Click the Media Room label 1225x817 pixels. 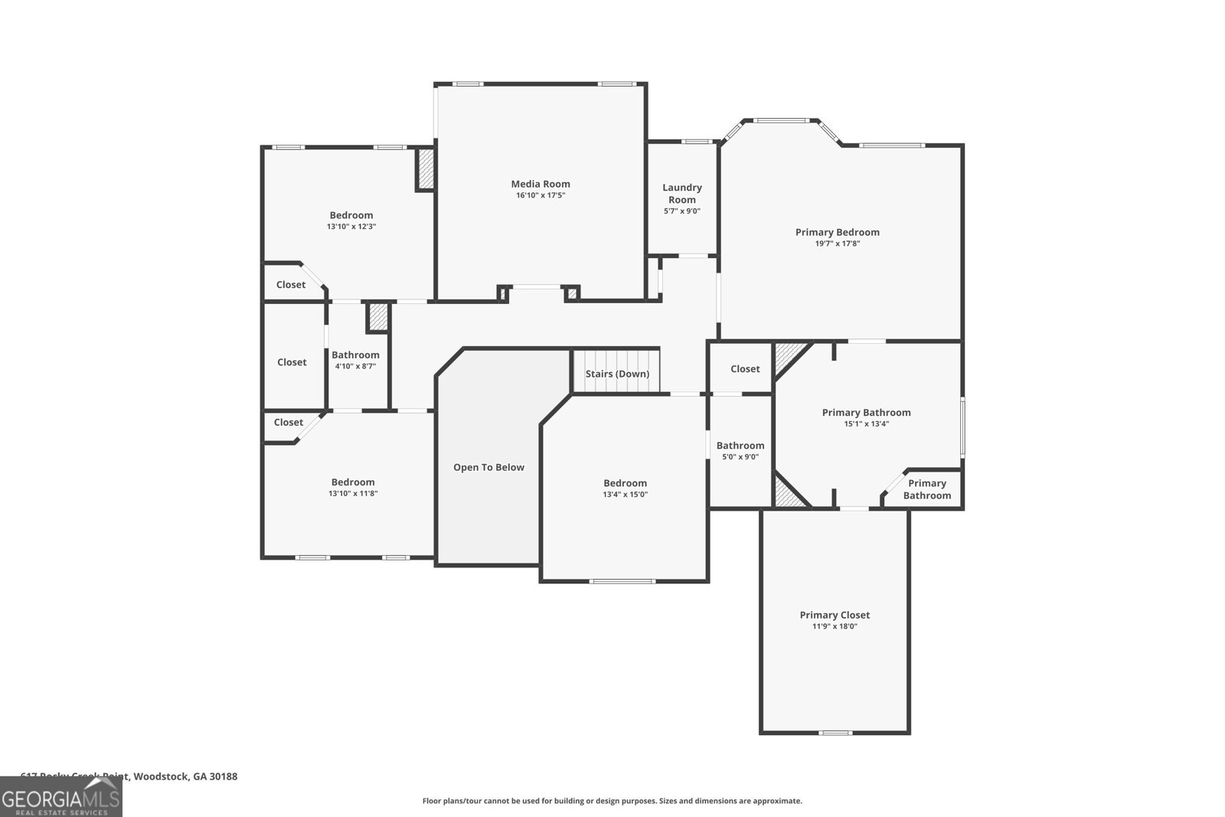[x=541, y=184]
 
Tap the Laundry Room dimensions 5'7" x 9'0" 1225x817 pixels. [x=681, y=211]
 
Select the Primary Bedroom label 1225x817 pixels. [x=837, y=232]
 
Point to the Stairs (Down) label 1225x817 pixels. [x=617, y=374]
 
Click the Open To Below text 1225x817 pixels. [x=488, y=467]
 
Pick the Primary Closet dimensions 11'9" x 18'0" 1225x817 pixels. [x=835, y=626]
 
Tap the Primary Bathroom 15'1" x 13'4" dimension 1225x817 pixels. [x=866, y=423]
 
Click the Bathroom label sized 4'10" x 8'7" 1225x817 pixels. [x=355, y=355]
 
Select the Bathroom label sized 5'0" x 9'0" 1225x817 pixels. [x=740, y=446]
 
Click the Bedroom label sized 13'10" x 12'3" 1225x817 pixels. [x=351, y=215]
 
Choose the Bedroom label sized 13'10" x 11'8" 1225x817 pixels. [x=353, y=482]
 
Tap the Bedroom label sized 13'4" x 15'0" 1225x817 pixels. [x=625, y=483]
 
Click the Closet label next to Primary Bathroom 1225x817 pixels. [x=745, y=368]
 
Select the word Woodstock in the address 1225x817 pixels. [x=160, y=776]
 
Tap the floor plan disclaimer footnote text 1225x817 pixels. [x=612, y=801]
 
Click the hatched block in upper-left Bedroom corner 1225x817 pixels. [x=426, y=169]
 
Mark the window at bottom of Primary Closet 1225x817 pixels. [x=835, y=733]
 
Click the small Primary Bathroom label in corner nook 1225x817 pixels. [x=926, y=489]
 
